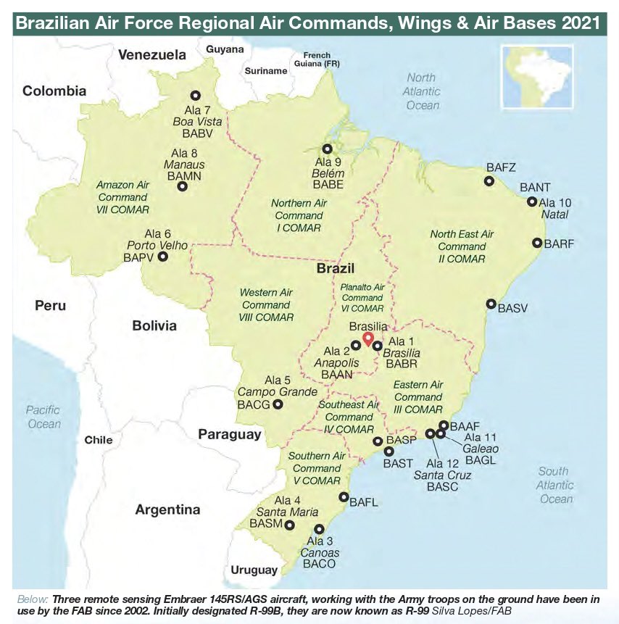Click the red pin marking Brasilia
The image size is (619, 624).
367,338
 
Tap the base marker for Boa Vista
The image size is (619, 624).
195,95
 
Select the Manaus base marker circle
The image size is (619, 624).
182,186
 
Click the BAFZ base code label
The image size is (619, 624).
501,167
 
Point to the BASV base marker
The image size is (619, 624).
491,304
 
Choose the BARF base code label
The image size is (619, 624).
559,244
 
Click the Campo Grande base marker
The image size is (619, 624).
278,404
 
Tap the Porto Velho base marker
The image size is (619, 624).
162,257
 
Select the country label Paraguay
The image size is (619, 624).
229,434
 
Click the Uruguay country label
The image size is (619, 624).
254,570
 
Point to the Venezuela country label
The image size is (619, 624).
152,55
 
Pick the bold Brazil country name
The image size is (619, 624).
336,269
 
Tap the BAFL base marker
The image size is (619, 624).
344,497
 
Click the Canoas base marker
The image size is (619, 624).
319,529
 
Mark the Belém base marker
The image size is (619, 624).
328,149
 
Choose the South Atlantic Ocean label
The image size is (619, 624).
555,485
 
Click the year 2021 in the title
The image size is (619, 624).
578,23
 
